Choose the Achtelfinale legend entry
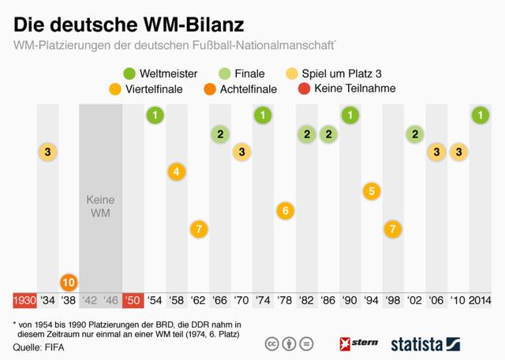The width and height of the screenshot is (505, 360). [234, 89]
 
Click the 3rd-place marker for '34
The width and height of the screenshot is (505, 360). [47, 152]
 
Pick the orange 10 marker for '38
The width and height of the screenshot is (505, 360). [69, 281]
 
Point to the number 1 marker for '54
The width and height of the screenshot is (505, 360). [155, 116]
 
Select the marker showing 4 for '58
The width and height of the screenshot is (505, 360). [177, 171]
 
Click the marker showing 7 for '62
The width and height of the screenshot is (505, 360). [199, 229]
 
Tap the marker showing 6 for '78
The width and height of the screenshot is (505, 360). [285, 210]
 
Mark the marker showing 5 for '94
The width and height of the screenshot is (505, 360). [372, 190]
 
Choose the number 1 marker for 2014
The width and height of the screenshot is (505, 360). [479, 116]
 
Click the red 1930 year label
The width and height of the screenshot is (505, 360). [24, 301]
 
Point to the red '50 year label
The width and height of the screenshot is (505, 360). [133, 301]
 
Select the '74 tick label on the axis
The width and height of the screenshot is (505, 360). [264, 301]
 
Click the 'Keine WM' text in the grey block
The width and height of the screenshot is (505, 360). [100, 207]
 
